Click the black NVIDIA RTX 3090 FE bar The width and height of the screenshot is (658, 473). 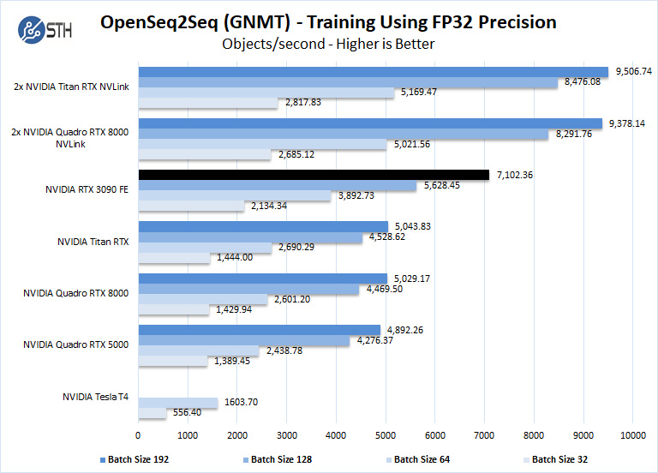point(314,175)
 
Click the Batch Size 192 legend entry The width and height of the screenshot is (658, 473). point(138,459)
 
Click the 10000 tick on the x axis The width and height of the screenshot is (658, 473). point(632,436)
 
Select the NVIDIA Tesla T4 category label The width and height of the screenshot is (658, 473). point(95,397)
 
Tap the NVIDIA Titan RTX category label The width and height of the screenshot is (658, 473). point(93,242)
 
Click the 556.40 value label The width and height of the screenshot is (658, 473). point(186,412)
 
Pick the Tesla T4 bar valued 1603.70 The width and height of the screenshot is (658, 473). point(177,402)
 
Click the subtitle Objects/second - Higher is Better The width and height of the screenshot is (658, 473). point(328,44)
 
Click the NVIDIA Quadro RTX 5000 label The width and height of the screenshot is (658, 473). point(76,344)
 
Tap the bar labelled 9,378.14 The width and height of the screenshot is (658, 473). point(369,123)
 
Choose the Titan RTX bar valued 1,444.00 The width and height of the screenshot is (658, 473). point(174,258)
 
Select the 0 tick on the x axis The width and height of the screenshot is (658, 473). point(138,436)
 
